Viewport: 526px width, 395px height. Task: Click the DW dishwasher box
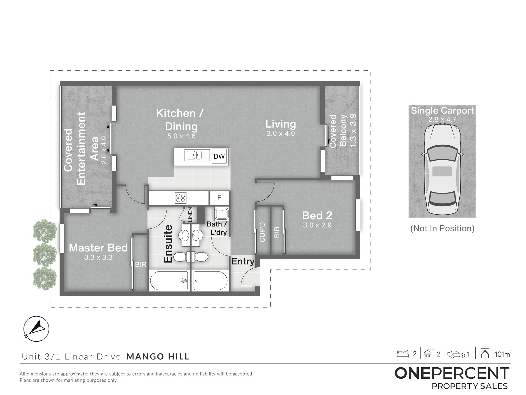point(219,156)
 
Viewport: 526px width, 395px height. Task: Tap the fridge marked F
point(219,197)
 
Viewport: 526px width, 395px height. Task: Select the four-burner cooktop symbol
point(181,198)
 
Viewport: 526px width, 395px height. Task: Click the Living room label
point(281,124)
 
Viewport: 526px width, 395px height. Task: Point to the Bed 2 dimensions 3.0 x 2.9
point(317,225)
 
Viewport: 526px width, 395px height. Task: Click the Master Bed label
point(98,248)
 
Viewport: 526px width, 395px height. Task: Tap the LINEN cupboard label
point(190,214)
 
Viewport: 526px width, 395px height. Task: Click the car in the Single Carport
point(442,169)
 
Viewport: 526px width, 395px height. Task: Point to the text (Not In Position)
point(442,228)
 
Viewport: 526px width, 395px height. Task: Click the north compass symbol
point(36,329)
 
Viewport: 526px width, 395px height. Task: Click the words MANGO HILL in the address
point(158,357)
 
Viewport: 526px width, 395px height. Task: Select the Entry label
point(243,261)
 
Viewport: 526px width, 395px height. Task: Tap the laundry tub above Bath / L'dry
point(222,214)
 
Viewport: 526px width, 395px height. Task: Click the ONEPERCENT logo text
point(452,373)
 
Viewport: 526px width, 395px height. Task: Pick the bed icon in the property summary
point(403,354)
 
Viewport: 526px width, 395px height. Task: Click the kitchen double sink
point(194,155)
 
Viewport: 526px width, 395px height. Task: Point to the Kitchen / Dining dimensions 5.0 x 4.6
point(181,136)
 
